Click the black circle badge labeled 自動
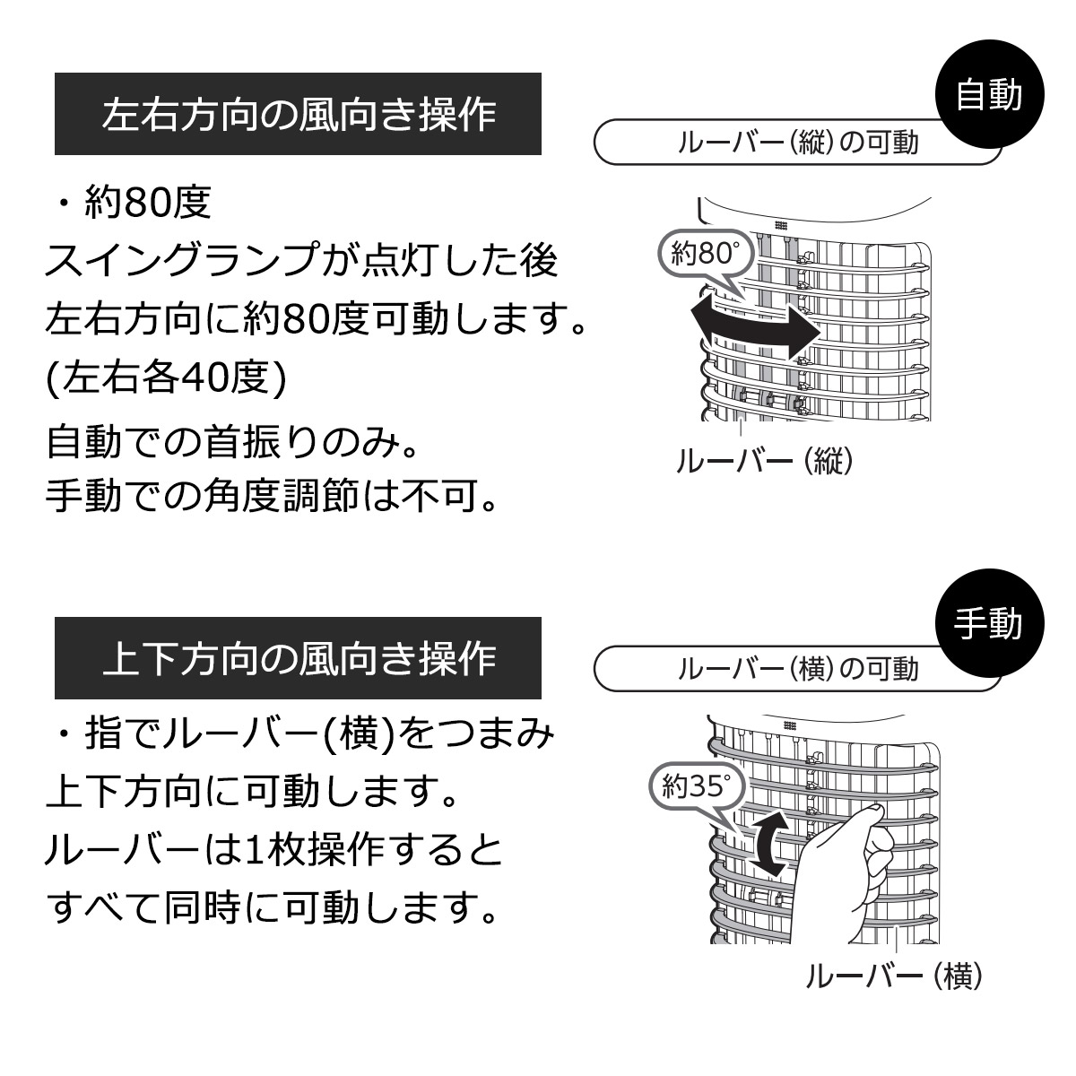tap(989, 94)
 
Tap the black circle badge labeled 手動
tap(989, 622)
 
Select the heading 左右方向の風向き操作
tap(299, 114)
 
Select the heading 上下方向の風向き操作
tap(299, 658)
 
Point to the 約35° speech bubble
tap(698, 789)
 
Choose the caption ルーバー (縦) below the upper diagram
tap(765, 461)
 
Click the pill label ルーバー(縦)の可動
tap(797, 142)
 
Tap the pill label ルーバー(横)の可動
tap(797, 669)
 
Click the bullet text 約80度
tap(147, 202)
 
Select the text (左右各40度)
tap(166, 378)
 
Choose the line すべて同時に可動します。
tap(272, 907)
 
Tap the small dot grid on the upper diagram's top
tap(781, 226)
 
